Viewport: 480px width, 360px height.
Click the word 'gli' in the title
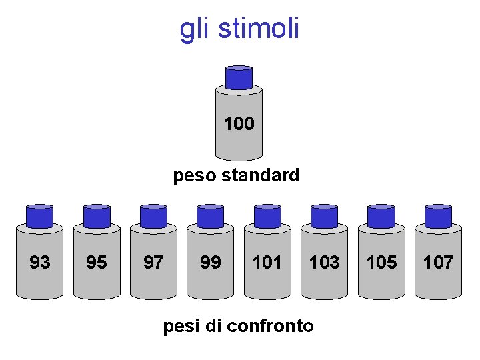coord(194,29)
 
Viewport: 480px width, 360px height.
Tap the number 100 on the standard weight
coord(239,124)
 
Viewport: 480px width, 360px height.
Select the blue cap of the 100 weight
coord(239,77)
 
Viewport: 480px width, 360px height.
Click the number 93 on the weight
coord(40,263)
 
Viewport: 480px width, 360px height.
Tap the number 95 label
coord(97,263)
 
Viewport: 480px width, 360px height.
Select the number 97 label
coord(153,263)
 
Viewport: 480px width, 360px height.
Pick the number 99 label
coord(211,263)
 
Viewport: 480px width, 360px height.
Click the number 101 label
coord(267,263)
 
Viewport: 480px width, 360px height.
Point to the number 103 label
coord(324,263)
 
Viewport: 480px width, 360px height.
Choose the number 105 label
coord(381,263)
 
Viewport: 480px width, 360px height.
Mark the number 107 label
coord(438,263)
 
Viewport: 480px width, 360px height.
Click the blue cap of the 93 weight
coord(40,216)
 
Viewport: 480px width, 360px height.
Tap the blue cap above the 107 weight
coord(438,216)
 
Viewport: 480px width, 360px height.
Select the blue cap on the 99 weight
coord(211,216)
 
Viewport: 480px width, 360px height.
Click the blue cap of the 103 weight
coord(324,216)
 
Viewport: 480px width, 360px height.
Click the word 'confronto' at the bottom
coord(270,326)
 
